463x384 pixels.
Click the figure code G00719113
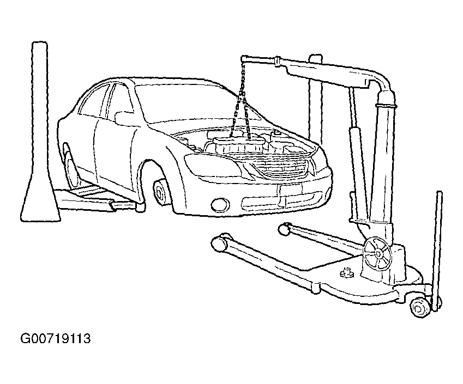(56, 339)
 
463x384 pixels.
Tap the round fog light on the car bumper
(220, 204)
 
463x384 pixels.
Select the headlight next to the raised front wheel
(212, 166)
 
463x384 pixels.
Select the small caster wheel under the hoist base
(420, 308)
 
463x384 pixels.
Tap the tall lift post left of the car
(40, 133)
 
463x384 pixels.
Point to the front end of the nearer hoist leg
(219, 242)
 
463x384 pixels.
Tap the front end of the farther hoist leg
(284, 229)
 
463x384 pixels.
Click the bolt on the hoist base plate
(347, 273)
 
